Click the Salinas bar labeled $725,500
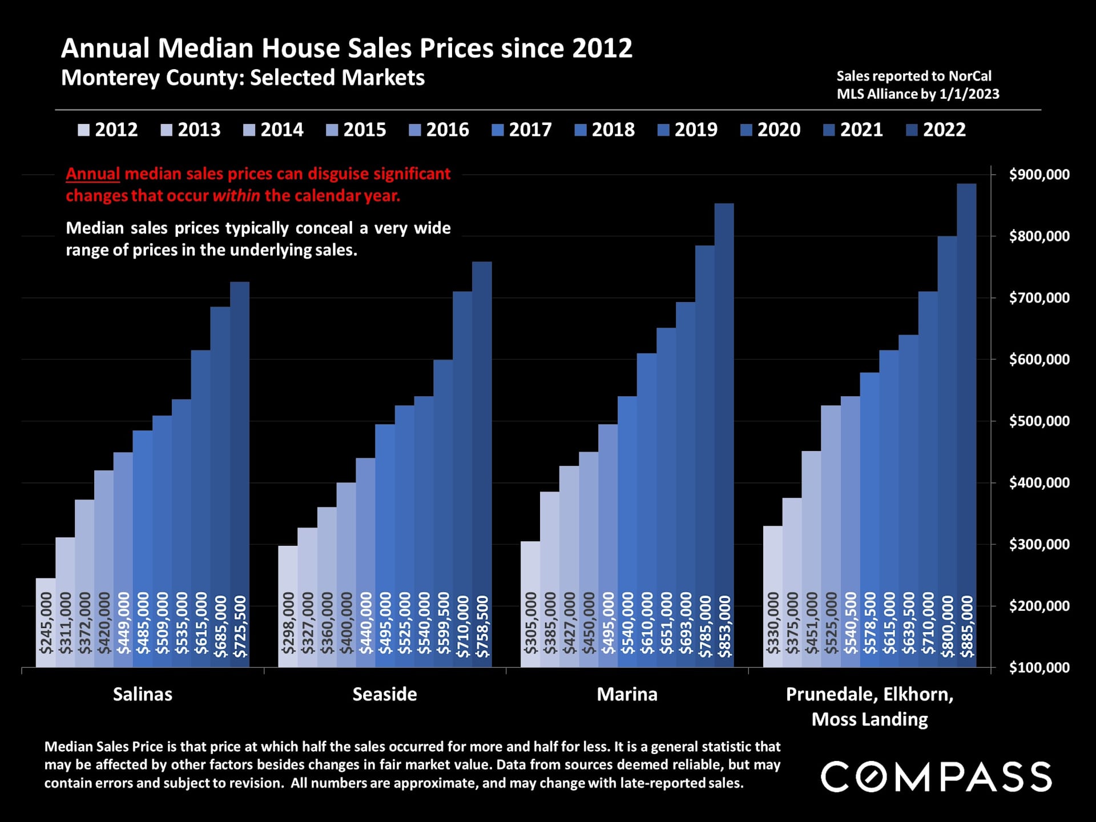pos(240,474)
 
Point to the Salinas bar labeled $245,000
pos(46,622)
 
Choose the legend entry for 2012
pos(108,130)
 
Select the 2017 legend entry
pos(522,130)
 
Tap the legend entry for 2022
pos(937,130)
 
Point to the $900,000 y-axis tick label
pos(1039,175)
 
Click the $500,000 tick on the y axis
pos(1039,421)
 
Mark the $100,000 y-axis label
pos(1039,668)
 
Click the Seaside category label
pos(385,695)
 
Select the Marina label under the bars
pos(627,695)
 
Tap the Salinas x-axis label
pos(143,695)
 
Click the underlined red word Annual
pos(92,174)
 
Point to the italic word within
pos(236,196)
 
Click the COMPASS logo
pos(936,777)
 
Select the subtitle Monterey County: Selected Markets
pos(243,78)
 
